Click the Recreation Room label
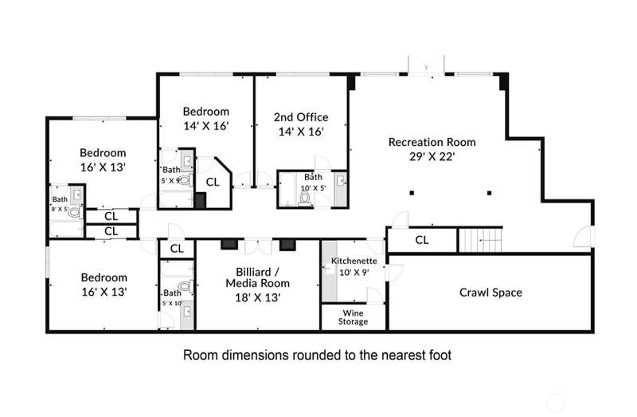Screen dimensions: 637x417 [x=432, y=142]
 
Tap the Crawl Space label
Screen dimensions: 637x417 [x=490, y=293]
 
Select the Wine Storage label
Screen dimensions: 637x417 [x=353, y=317]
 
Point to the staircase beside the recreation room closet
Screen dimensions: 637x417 [x=481, y=240]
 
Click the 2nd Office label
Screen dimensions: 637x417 [x=301, y=117]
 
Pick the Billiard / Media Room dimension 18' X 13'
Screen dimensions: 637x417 [x=257, y=297]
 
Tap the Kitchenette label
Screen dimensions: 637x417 [x=354, y=261]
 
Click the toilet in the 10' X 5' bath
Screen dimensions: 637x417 [x=304, y=198]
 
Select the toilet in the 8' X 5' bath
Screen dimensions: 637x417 [x=74, y=212]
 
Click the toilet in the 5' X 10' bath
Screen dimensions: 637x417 [x=185, y=286]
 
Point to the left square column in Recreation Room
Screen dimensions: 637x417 [x=412, y=193]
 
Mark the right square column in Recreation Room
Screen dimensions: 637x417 [x=489, y=193]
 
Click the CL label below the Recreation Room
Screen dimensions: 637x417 [x=422, y=240]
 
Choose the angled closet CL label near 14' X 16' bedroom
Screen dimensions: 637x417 [x=213, y=183]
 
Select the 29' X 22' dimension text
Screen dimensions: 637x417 [x=432, y=156]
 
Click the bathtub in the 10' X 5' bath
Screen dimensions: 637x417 [x=287, y=190]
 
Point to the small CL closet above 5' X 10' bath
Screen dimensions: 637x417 [x=177, y=249]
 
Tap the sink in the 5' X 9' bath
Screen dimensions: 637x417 [x=187, y=161]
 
